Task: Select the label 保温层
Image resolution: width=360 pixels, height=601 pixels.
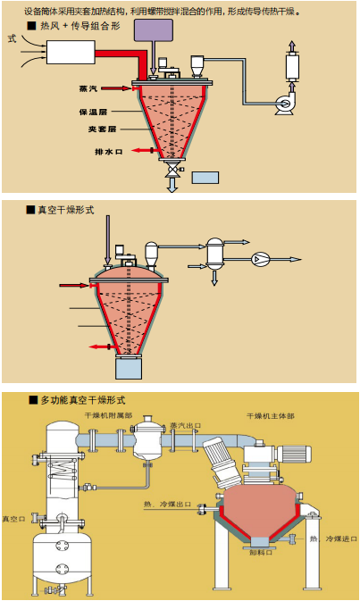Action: pos(93,113)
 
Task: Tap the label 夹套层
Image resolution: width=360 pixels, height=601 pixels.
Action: pos(93,129)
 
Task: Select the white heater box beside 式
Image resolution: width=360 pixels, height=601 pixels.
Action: pos(71,52)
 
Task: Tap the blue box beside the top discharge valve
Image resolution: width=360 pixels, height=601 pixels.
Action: pos(205,177)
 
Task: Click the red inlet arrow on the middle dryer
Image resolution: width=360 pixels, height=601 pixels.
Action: pos(71,286)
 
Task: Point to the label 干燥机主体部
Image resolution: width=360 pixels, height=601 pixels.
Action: pos(272,417)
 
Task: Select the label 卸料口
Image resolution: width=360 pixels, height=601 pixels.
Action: pos(259,553)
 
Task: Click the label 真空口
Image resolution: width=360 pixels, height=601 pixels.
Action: pos(13,519)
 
